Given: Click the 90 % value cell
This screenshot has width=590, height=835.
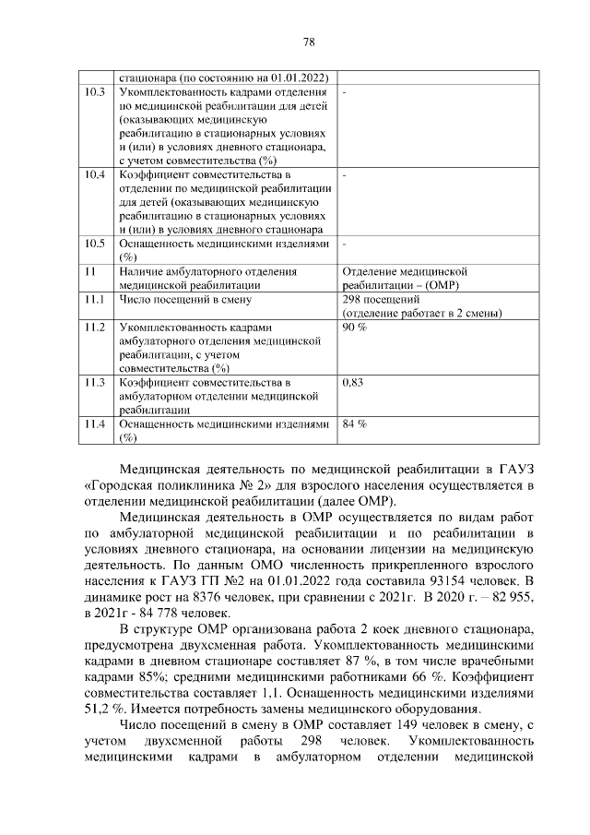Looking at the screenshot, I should point(354,328).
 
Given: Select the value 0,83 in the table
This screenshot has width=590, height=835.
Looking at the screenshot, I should point(354,382).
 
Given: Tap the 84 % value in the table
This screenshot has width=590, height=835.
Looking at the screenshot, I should point(354,424).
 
